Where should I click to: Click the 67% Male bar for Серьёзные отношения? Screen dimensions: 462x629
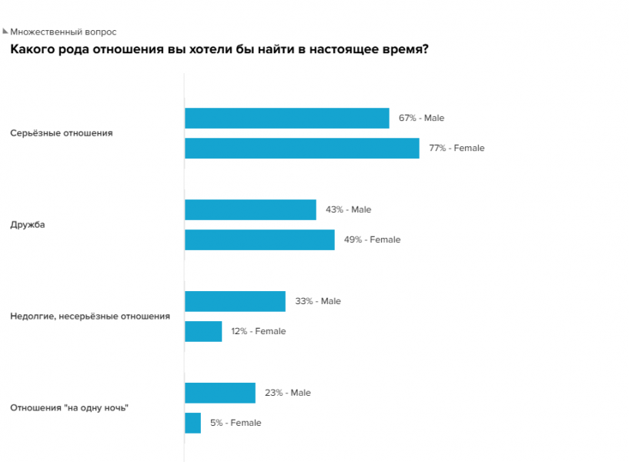click(286, 118)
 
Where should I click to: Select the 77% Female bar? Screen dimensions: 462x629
click(302, 148)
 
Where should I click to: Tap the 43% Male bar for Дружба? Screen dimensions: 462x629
click(250, 209)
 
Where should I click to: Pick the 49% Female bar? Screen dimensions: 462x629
click(259, 239)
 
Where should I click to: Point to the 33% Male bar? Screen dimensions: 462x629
click(235, 301)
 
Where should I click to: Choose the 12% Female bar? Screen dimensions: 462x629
click(203, 331)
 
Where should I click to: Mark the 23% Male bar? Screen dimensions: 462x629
click(220, 393)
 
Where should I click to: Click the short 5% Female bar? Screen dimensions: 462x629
click(192, 423)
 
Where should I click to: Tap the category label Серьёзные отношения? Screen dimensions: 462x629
click(62, 132)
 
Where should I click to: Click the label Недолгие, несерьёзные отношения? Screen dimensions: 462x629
click(90, 316)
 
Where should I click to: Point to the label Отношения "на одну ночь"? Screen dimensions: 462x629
click(69, 408)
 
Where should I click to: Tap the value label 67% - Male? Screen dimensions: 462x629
click(421, 118)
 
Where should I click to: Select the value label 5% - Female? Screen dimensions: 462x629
click(236, 423)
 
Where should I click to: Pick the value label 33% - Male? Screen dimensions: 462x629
click(318, 301)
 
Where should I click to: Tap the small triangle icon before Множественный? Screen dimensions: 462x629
click(5, 32)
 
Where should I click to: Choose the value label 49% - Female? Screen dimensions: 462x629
click(372, 239)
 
